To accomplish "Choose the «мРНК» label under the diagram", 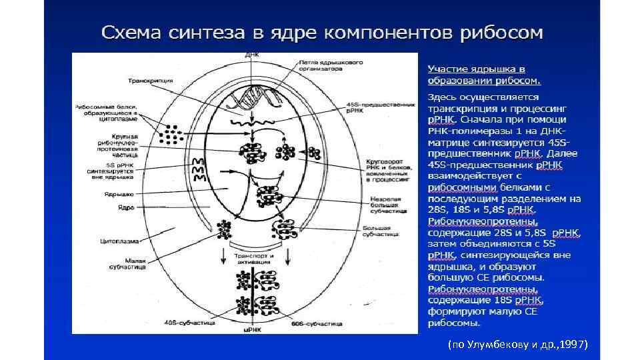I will (252, 328).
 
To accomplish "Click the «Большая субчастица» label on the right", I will (381, 232).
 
